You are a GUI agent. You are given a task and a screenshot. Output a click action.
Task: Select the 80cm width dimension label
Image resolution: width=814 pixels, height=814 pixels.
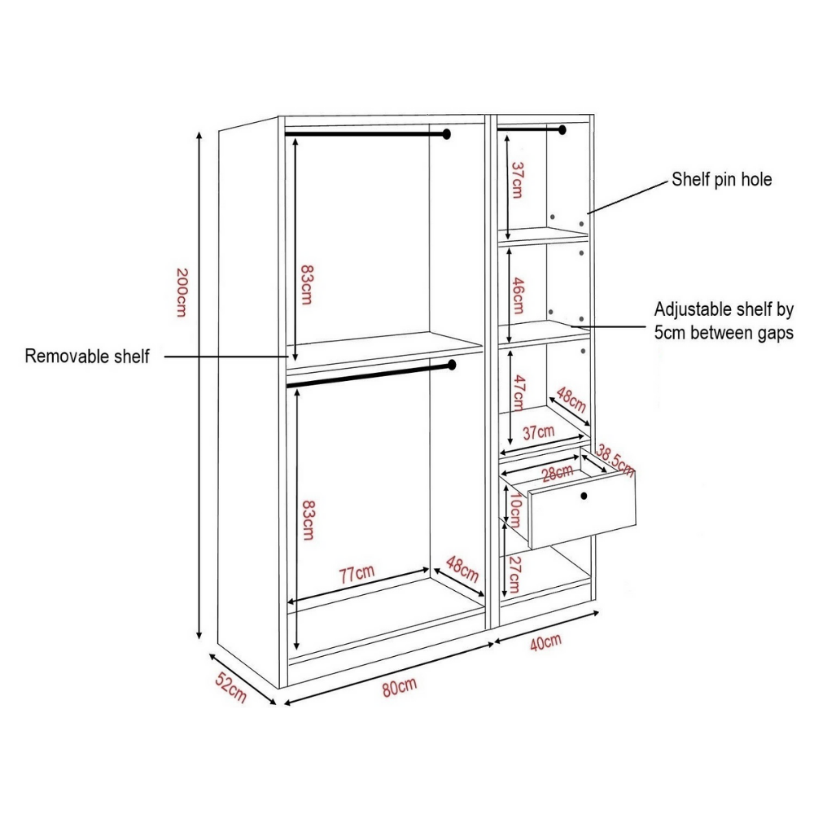pos(399,687)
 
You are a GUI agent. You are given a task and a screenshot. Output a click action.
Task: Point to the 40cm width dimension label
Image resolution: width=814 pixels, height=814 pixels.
pos(545,641)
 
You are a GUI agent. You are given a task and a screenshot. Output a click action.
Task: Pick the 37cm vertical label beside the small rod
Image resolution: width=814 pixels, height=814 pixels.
pos(517,179)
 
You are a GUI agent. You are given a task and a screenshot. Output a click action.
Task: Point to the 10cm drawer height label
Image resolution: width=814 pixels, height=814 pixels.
pos(514,511)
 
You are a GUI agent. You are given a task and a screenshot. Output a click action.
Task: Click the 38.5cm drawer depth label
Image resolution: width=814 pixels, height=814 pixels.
pos(615,460)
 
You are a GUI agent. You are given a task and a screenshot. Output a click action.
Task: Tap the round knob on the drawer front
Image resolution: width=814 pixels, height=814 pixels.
pos(584,496)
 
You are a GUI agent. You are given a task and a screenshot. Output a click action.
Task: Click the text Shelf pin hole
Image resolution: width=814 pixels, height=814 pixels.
pos(721,180)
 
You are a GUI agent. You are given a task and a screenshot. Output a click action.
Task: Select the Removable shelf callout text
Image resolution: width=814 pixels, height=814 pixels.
pos(87,356)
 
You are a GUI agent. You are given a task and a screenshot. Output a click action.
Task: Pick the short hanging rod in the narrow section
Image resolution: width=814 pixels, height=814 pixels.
pos(533,129)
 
